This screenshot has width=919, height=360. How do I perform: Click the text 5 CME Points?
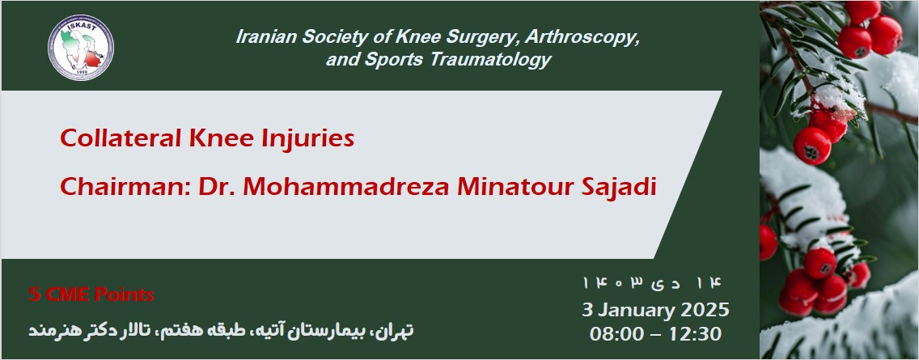tap(91, 294)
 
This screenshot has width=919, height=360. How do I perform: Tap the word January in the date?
tap(634, 310)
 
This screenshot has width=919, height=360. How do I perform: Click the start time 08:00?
tap(617, 332)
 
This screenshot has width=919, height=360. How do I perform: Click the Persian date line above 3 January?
tap(654, 283)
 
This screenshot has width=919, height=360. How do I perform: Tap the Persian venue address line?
tap(222, 330)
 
